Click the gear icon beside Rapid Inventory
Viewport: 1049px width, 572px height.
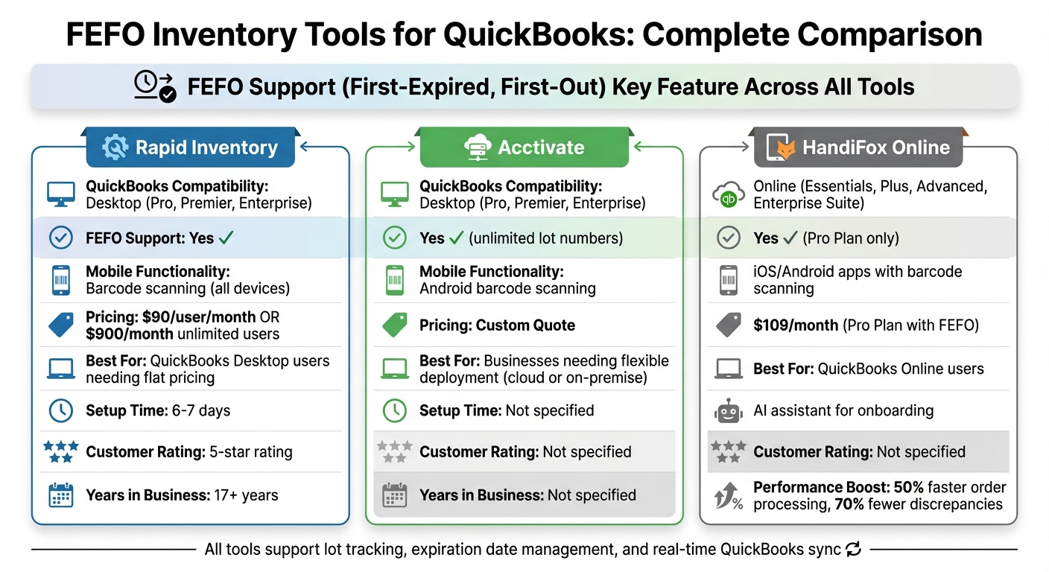(x=115, y=147)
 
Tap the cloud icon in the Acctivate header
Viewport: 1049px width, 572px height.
(x=475, y=147)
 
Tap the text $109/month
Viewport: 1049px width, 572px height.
(x=795, y=324)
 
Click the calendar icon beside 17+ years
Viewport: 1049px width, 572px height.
(x=60, y=495)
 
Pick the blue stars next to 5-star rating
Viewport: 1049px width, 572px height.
(x=60, y=451)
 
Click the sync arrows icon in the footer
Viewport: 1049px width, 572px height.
(x=854, y=550)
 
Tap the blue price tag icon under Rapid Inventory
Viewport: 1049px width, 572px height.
(x=60, y=324)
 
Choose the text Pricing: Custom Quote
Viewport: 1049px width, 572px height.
(x=497, y=325)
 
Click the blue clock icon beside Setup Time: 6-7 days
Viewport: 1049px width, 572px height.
(x=60, y=410)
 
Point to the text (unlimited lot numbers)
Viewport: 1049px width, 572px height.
(x=545, y=238)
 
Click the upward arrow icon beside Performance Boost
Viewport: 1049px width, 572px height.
(x=727, y=496)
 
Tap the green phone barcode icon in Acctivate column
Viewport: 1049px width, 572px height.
(x=394, y=280)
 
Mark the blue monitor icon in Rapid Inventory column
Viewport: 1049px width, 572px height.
(x=60, y=194)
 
